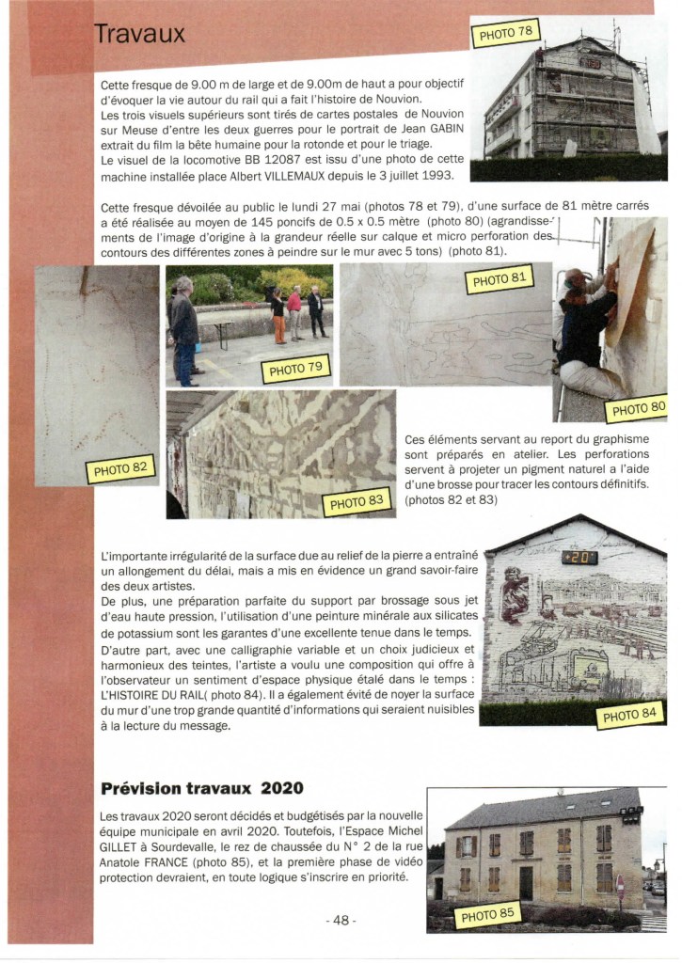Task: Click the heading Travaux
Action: pos(139,35)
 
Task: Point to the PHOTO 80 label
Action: pos(638,408)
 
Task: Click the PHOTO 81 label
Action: pos(499,280)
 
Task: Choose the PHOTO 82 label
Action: pos(120,467)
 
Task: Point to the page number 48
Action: pos(341,921)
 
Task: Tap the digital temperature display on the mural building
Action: pos(579,558)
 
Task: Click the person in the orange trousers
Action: pos(278,316)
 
